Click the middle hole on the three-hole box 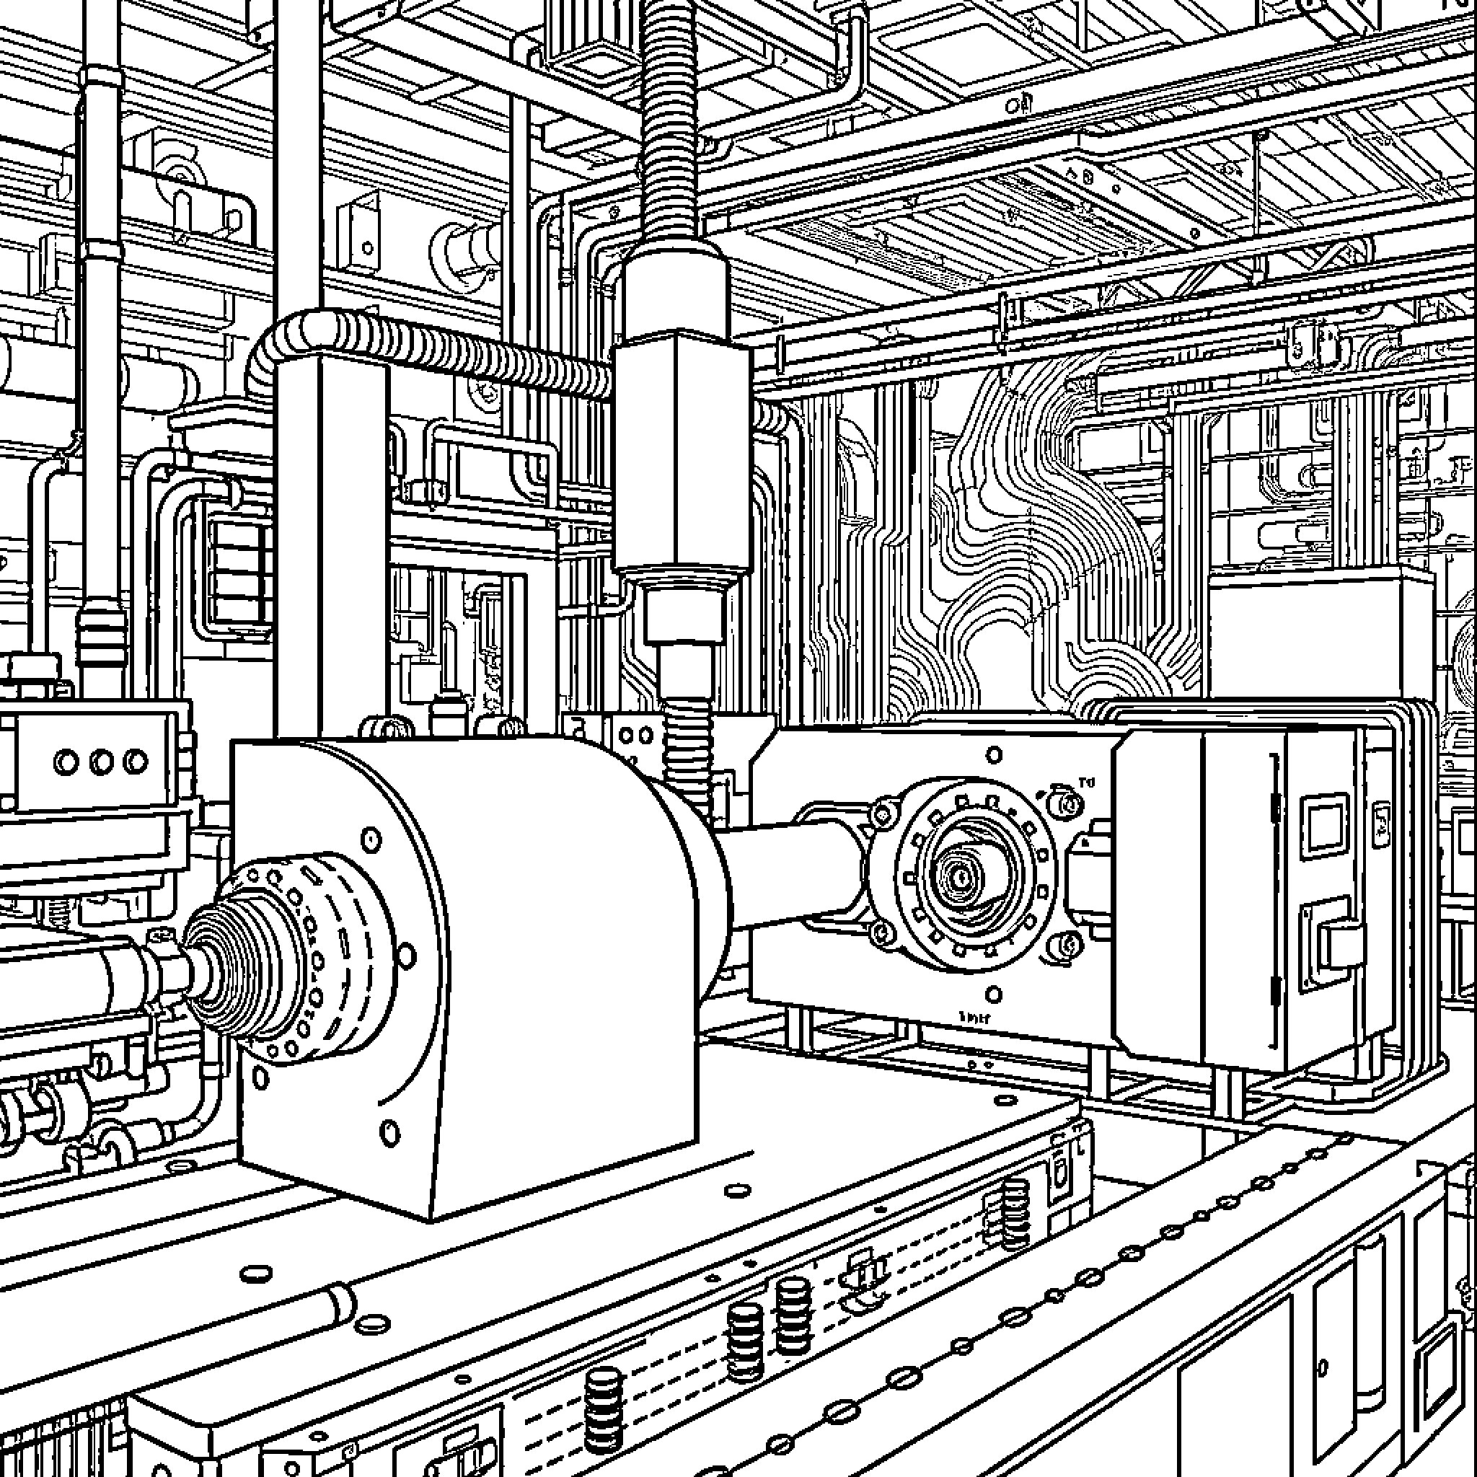click(102, 762)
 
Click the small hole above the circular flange click(994, 755)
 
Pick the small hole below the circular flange click(994, 995)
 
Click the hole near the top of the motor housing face click(371, 839)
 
